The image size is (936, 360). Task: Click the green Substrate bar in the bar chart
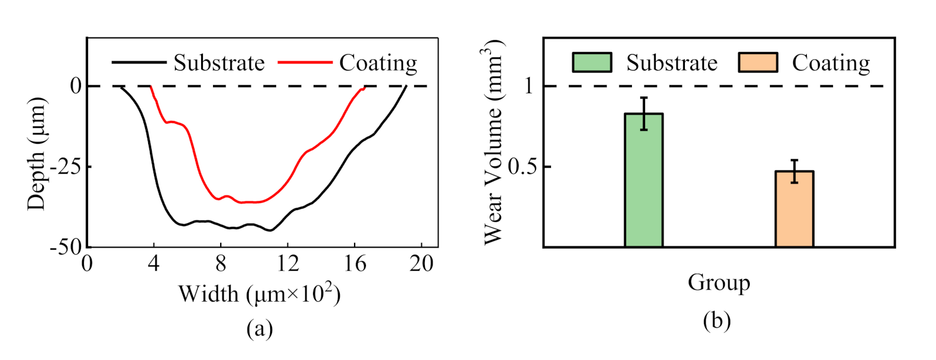pyautogui.click(x=643, y=181)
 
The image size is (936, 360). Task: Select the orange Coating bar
pyautogui.click(x=794, y=209)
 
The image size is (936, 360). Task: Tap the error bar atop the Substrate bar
pyautogui.click(x=644, y=113)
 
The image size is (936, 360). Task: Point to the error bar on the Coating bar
pyautogui.click(x=794, y=171)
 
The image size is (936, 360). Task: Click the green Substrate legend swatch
pyautogui.click(x=591, y=62)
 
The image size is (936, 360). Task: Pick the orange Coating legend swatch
pyautogui.click(x=757, y=62)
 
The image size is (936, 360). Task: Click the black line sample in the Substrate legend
pyautogui.click(x=139, y=62)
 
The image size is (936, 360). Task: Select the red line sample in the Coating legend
pyautogui.click(x=305, y=62)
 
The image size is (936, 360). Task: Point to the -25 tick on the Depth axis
pyautogui.click(x=67, y=167)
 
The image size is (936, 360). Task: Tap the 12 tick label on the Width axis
pyautogui.click(x=287, y=263)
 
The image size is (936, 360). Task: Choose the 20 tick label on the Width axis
pyautogui.click(x=421, y=263)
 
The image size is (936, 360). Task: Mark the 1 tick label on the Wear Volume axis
pyautogui.click(x=528, y=86)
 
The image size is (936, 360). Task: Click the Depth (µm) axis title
pyautogui.click(x=36, y=154)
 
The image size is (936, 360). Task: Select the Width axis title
pyautogui.click(x=259, y=293)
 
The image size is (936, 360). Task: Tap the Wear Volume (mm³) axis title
pyautogui.click(x=494, y=143)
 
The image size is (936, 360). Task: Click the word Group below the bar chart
pyautogui.click(x=719, y=282)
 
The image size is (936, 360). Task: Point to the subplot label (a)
pyautogui.click(x=259, y=328)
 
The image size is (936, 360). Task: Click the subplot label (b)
pyautogui.click(x=716, y=321)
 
